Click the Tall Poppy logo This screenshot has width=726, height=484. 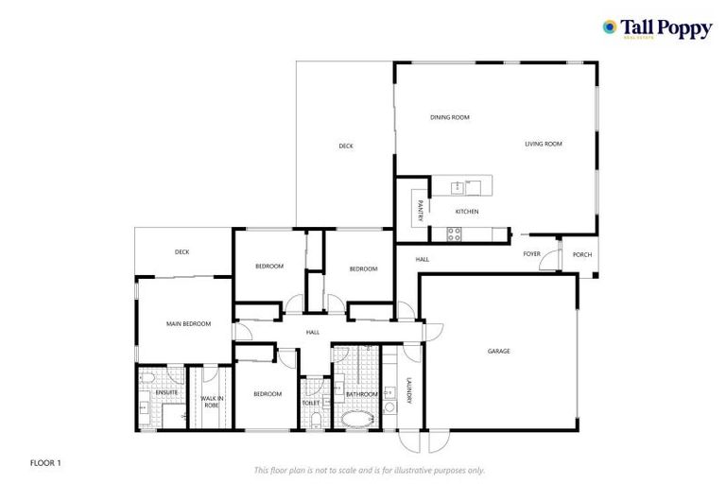[x=657, y=28]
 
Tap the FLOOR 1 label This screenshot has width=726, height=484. [x=45, y=462]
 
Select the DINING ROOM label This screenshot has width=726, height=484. [x=449, y=117]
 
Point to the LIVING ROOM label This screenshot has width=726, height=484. [x=544, y=144]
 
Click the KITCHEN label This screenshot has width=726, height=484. [x=467, y=211]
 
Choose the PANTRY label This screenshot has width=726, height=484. [x=417, y=207]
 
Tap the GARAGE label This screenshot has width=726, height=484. [x=498, y=351]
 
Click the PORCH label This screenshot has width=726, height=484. [x=582, y=253]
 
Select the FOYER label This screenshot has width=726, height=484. [x=532, y=253]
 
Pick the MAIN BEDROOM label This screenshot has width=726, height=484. [x=188, y=323]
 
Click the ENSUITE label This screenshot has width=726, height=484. [x=167, y=391]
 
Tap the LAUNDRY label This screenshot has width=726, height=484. [x=408, y=390]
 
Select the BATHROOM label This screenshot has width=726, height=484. [x=361, y=393]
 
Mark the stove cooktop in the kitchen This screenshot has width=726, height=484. [x=454, y=233]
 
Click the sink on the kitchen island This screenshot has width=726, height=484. [x=458, y=187]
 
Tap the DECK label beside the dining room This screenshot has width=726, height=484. [x=346, y=146]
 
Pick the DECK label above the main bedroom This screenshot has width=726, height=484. [x=181, y=251]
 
